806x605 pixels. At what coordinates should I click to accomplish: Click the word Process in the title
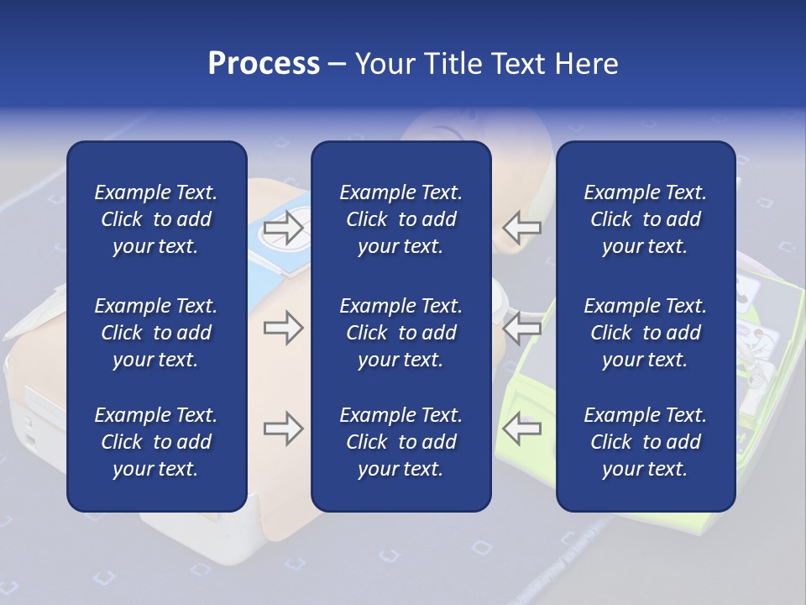point(264,64)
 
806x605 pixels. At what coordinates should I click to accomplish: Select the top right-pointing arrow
point(283,227)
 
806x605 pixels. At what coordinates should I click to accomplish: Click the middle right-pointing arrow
point(283,328)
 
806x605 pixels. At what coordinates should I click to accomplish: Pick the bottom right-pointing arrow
point(283,429)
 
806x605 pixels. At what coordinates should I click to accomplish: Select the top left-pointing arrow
point(522,227)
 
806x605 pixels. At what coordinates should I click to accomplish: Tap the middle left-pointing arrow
point(522,328)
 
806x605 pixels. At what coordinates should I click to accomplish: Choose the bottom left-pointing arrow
point(522,429)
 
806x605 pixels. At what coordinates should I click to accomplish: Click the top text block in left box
point(156,219)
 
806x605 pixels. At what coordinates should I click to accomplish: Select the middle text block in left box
point(156,333)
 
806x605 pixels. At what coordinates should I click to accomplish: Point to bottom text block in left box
point(156,442)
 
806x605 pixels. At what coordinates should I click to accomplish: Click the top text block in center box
point(400,219)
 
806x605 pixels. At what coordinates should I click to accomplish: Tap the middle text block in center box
point(400,333)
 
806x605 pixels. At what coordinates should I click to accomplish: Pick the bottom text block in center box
point(400,442)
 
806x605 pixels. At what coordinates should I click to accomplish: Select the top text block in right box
point(646,219)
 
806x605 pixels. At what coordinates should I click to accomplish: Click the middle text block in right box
point(646,333)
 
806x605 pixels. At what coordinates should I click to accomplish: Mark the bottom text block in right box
point(646,442)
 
